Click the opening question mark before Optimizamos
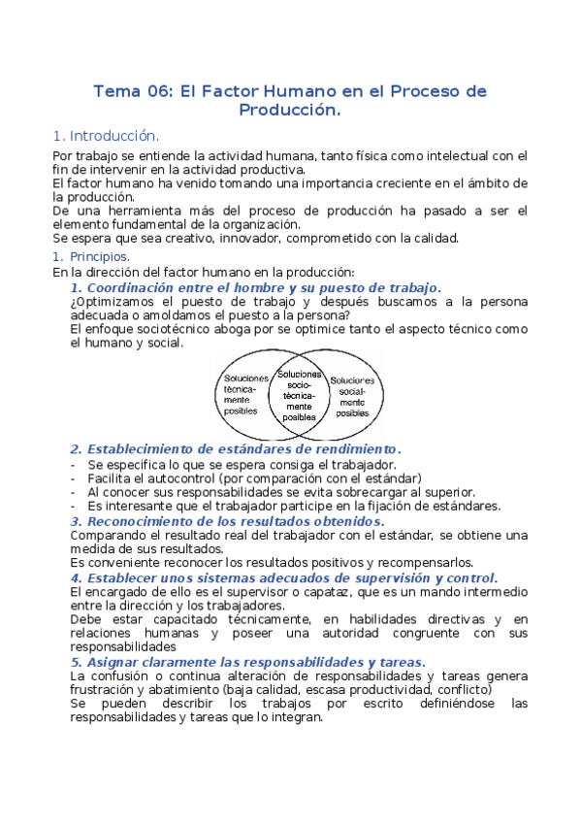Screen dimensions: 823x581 (x=74, y=301)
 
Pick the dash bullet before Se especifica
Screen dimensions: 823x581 (x=75, y=464)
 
